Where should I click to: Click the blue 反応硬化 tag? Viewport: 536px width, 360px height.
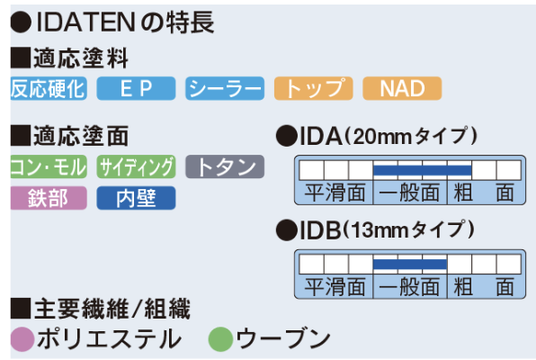click(x=49, y=88)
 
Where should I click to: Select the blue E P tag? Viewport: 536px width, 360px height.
click(x=136, y=88)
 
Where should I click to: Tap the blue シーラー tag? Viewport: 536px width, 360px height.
click(x=225, y=88)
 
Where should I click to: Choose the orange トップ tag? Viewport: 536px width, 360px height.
click(x=314, y=88)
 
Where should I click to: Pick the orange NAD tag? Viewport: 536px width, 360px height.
click(x=402, y=88)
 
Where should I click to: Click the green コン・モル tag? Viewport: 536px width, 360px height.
click(x=49, y=166)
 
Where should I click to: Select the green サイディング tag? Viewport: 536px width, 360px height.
click(x=136, y=166)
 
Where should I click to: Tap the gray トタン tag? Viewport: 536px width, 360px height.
click(x=225, y=166)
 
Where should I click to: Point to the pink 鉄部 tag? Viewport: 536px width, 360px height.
click(x=49, y=198)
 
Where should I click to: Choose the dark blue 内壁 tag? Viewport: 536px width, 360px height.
click(x=136, y=198)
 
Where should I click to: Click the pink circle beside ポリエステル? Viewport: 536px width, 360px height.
click(x=22, y=339)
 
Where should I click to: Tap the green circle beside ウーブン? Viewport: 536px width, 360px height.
click(x=220, y=339)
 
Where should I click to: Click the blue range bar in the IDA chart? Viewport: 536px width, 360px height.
click(x=423, y=170)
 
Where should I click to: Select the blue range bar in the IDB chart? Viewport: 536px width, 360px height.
click(x=410, y=265)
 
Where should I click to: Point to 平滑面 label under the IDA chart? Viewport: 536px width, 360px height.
click(x=335, y=193)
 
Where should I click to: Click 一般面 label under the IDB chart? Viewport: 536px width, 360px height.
click(x=409, y=287)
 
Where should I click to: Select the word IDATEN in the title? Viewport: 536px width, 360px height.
click(x=85, y=22)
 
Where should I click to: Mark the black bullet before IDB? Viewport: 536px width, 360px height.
click(x=287, y=230)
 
